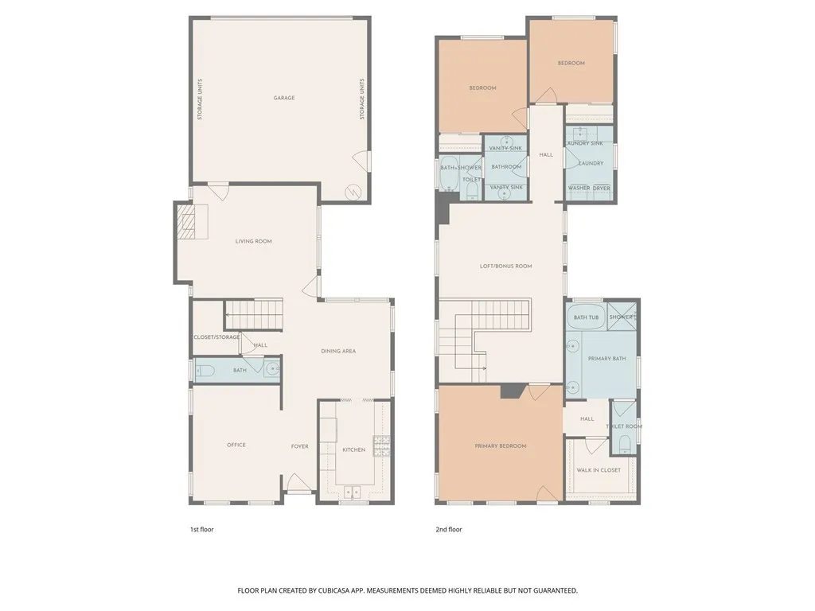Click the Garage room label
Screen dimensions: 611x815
[x=284, y=98]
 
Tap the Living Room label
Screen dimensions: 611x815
[x=253, y=241]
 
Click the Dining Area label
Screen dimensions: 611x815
[x=337, y=351]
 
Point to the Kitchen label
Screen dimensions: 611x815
[x=353, y=449]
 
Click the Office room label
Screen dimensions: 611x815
[x=236, y=445]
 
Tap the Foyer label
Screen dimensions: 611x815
[x=299, y=446]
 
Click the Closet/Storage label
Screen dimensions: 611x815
[x=216, y=337]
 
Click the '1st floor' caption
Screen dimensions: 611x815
[x=201, y=529]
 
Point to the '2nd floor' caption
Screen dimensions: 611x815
[x=449, y=529]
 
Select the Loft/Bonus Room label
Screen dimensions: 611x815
[x=505, y=266]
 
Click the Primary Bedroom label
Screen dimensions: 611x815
[x=501, y=446]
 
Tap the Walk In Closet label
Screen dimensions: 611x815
[x=599, y=470]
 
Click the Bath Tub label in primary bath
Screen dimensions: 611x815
[x=586, y=317]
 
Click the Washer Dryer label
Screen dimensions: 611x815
[x=589, y=189]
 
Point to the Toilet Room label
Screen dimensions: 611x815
[x=624, y=426]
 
